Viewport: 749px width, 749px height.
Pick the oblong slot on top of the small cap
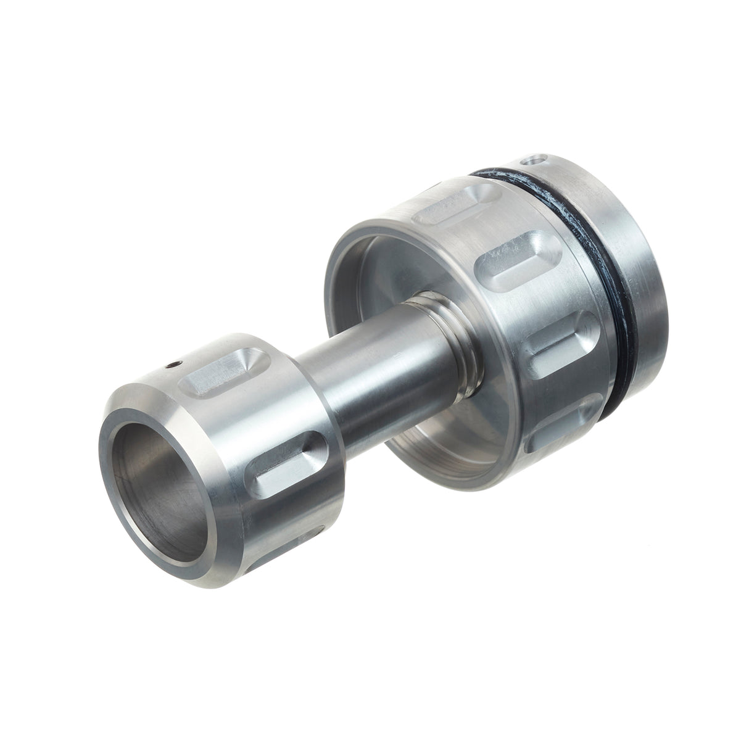point(220,373)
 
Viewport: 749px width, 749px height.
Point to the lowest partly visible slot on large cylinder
point(558,432)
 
